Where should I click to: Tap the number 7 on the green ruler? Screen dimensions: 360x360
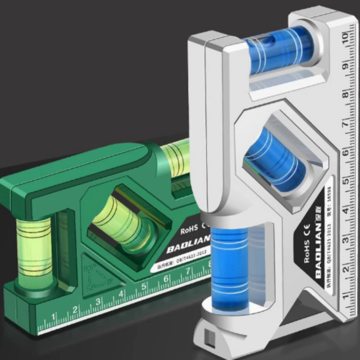coord(188,272)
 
